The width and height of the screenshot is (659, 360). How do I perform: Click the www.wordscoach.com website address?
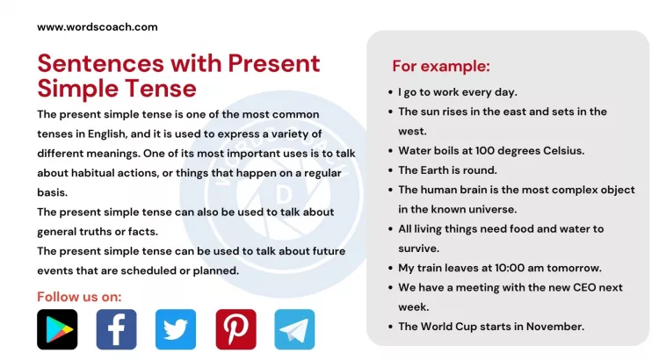97,26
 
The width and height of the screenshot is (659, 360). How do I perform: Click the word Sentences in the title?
86,63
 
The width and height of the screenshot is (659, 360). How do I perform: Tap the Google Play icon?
57,329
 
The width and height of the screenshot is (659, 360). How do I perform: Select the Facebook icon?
116,329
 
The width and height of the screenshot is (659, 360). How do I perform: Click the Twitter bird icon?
176,329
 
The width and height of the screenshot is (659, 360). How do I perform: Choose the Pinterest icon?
235,329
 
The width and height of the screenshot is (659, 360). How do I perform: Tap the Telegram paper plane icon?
294,329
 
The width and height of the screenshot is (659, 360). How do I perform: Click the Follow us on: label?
79,296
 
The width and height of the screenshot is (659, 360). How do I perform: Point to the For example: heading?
440,67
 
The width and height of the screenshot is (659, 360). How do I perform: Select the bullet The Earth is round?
447,169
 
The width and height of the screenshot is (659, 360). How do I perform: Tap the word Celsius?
561,150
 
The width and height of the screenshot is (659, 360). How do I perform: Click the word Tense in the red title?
164,88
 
